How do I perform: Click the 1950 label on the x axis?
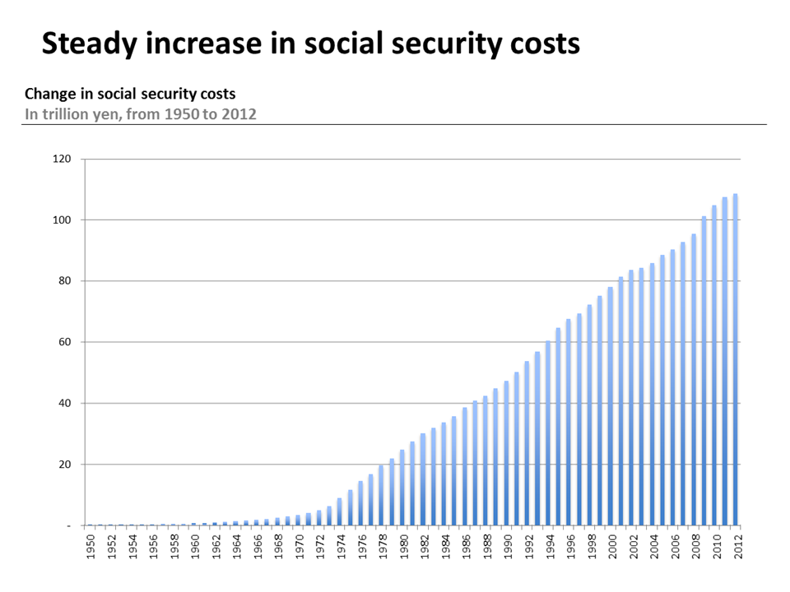point(91,545)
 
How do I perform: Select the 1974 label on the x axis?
point(340,545)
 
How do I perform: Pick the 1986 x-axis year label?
point(465,545)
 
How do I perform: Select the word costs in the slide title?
point(538,43)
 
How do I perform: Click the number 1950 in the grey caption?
point(180,113)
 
